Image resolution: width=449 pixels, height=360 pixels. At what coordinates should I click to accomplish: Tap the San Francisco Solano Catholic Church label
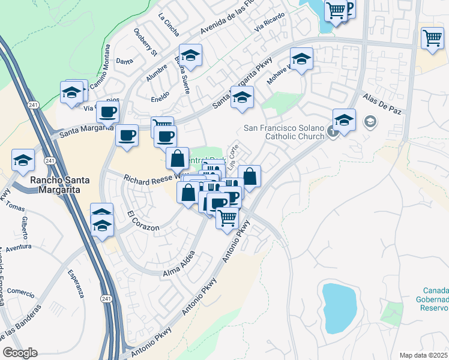284,133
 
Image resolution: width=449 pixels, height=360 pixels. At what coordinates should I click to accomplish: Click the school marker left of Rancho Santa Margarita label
23,160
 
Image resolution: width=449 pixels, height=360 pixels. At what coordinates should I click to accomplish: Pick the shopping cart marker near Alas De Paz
432,38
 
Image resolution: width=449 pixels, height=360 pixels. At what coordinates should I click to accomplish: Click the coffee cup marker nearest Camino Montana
108,111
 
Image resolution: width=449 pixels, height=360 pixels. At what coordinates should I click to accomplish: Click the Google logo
20,353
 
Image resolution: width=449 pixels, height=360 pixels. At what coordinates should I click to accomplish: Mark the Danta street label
124,61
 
